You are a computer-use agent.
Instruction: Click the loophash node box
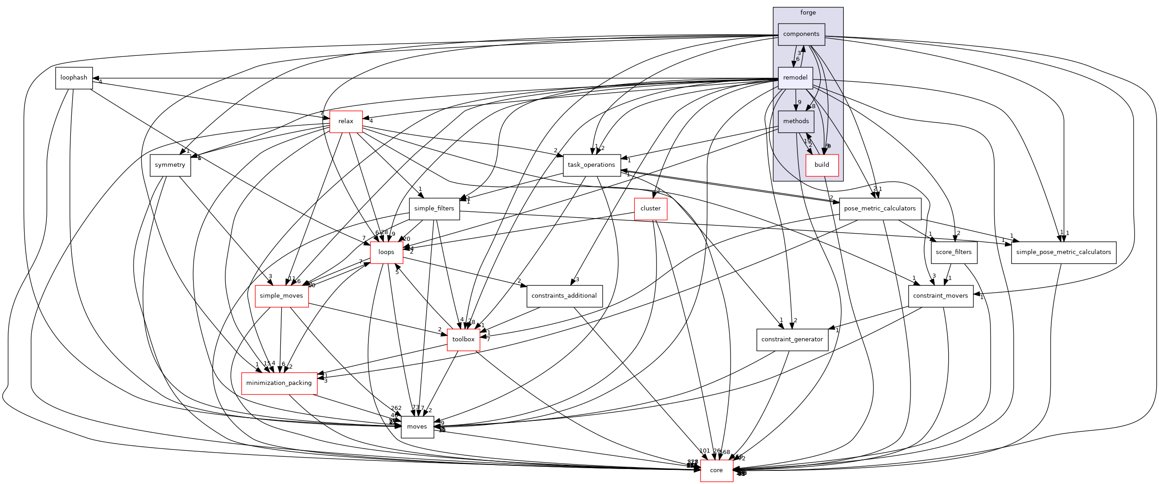(x=74, y=78)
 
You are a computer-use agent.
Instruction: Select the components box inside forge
(x=801, y=34)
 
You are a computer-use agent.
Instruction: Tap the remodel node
(x=795, y=78)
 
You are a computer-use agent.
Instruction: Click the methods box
(x=796, y=121)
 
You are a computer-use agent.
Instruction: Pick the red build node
(x=821, y=165)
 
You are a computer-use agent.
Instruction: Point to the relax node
(x=346, y=121)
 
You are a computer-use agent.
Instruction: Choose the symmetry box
(x=170, y=165)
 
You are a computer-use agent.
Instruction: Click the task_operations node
(x=592, y=165)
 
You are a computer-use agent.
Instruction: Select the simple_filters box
(x=434, y=209)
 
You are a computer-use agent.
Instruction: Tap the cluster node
(x=650, y=209)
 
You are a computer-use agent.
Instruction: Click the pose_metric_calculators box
(x=880, y=209)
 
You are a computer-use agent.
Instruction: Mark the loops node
(x=386, y=252)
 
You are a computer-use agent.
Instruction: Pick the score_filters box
(x=954, y=252)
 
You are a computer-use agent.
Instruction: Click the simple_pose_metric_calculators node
(x=1063, y=252)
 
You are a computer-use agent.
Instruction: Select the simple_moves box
(x=281, y=296)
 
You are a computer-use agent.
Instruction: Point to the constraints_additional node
(x=564, y=296)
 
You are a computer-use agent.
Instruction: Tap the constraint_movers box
(x=940, y=296)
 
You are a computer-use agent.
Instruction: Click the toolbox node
(x=463, y=339)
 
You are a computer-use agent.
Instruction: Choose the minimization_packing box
(x=279, y=383)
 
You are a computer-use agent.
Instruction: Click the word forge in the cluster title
(x=808, y=13)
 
